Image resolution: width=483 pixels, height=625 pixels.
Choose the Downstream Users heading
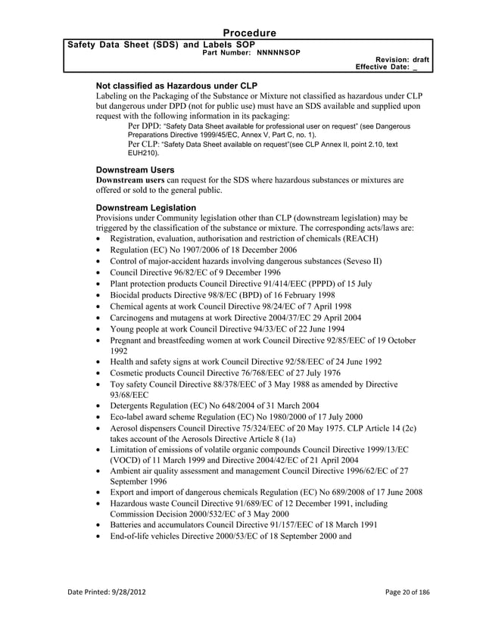[135, 170]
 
